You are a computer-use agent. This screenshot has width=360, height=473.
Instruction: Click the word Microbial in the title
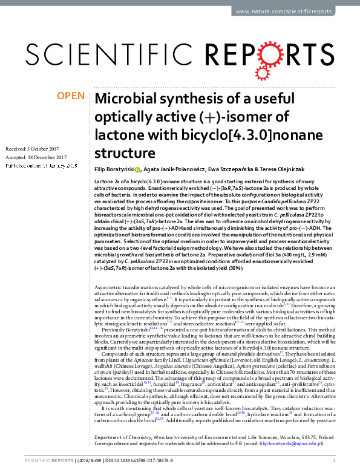click(129, 99)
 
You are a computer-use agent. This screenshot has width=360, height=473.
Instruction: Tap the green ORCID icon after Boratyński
click(138, 170)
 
